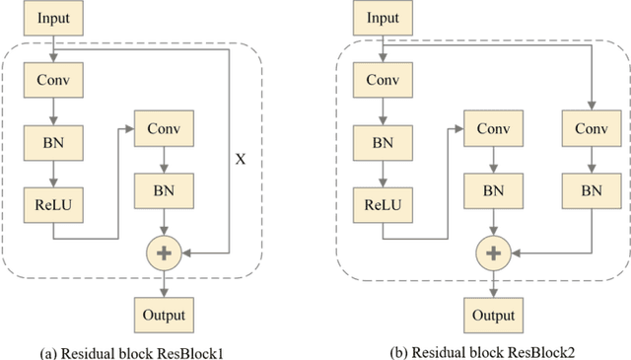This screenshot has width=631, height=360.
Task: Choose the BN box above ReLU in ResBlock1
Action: tap(52, 142)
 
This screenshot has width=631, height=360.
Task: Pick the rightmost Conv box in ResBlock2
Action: tap(590, 128)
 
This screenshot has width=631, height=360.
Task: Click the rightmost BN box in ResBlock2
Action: tap(590, 187)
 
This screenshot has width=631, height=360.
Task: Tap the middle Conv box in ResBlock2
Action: tap(493, 128)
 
